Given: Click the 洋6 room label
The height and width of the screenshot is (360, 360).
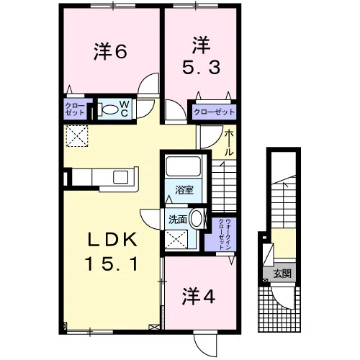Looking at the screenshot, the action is (110, 51).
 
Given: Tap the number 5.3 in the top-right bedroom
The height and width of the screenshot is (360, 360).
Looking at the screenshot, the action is (201, 68).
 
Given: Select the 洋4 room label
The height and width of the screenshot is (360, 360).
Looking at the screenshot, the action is (199, 296).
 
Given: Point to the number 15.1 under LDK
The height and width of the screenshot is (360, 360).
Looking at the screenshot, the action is (112, 264).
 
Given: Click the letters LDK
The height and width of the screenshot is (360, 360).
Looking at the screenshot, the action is (112, 239).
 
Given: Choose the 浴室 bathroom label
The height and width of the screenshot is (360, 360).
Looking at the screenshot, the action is (184, 190).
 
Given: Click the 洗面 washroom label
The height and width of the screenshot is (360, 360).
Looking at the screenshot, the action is (178, 220).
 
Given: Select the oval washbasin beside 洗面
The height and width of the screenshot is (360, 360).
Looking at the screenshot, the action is (196, 218).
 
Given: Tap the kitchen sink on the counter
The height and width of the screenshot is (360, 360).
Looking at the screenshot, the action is (121, 177).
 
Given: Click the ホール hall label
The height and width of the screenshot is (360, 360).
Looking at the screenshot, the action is (229, 143).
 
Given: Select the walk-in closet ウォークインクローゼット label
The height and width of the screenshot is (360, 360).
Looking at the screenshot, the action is (225, 234).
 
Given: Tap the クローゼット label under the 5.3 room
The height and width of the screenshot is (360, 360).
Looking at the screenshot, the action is (214, 112).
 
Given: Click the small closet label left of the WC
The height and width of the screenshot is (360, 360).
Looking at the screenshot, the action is (75, 109).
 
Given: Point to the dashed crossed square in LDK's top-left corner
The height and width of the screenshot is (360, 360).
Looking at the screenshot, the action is (77, 135).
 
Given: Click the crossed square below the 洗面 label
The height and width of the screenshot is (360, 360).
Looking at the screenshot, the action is (176, 239).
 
